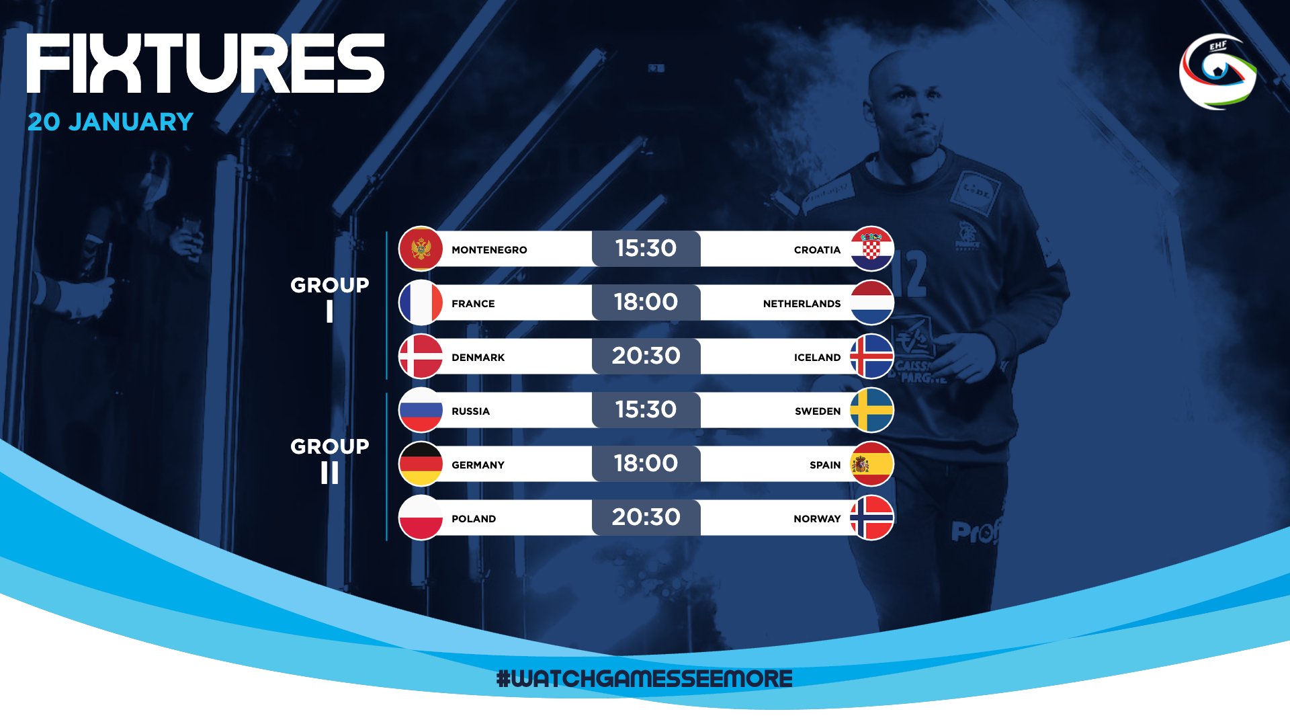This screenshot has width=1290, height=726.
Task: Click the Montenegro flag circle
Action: [x=421, y=249]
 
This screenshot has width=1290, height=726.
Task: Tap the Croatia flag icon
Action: [x=871, y=249]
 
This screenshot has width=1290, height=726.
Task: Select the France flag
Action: [x=421, y=302]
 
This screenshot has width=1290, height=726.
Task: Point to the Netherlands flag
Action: [x=871, y=302]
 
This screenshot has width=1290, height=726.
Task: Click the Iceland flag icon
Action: [x=871, y=356]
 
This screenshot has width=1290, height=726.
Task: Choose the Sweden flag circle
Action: [x=871, y=410]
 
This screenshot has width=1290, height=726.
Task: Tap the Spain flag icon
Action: [x=871, y=464]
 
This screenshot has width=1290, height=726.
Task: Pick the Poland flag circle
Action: [x=421, y=518]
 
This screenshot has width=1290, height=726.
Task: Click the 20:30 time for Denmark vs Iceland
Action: [x=646, y=356]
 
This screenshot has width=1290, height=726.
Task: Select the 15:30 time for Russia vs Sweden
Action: [x=646, y=409]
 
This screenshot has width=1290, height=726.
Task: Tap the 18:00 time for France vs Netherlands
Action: [x=646, y=302]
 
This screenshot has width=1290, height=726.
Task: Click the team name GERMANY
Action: [x=478, y=465]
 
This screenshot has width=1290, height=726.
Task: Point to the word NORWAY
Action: [x=817, y=519]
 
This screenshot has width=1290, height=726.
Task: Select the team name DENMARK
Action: [x=478, y=358]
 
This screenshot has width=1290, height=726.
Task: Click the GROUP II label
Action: [x=330, y=460]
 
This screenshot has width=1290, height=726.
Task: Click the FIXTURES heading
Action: [x=206, y=63]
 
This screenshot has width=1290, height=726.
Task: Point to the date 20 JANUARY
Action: [x=111, y=122]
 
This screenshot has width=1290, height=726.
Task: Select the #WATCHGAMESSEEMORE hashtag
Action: [x=644, y=678]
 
